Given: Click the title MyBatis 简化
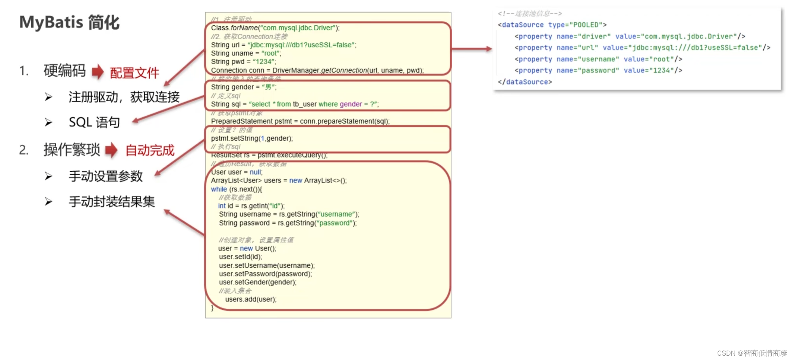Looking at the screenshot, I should [x=69, y=23].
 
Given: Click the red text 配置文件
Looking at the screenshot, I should [x=134, y=73].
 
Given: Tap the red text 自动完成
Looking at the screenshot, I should [x=150, y=150].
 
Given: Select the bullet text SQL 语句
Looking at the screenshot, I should [x=94, y=122].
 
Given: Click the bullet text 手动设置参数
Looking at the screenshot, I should [x=106, y=176].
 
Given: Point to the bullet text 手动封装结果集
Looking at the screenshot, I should [x=112, y=202].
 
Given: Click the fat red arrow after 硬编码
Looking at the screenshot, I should [x=98, y=71].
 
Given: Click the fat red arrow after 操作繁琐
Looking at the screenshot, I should [x=111, y=150].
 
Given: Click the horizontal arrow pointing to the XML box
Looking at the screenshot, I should [x=472, y=49].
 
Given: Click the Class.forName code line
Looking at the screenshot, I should [x=275, y=28].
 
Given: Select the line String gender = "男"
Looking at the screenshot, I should [x=244, y=87].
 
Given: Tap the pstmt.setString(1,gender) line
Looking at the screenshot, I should [x=252, y=139].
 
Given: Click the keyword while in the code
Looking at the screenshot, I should [x=219, y=189].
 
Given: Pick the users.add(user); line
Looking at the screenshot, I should [x=251, y=300].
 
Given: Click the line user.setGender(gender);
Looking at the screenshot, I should [x=258, y=282].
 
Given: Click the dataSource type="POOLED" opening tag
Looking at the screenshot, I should [x=552, y=25].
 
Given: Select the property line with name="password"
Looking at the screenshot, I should [x=598, y=70].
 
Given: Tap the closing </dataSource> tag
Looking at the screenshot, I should [x=525, y=82].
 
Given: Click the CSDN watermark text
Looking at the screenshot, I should [x=752, y=353].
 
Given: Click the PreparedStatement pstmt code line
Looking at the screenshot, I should [x=300, y=121].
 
